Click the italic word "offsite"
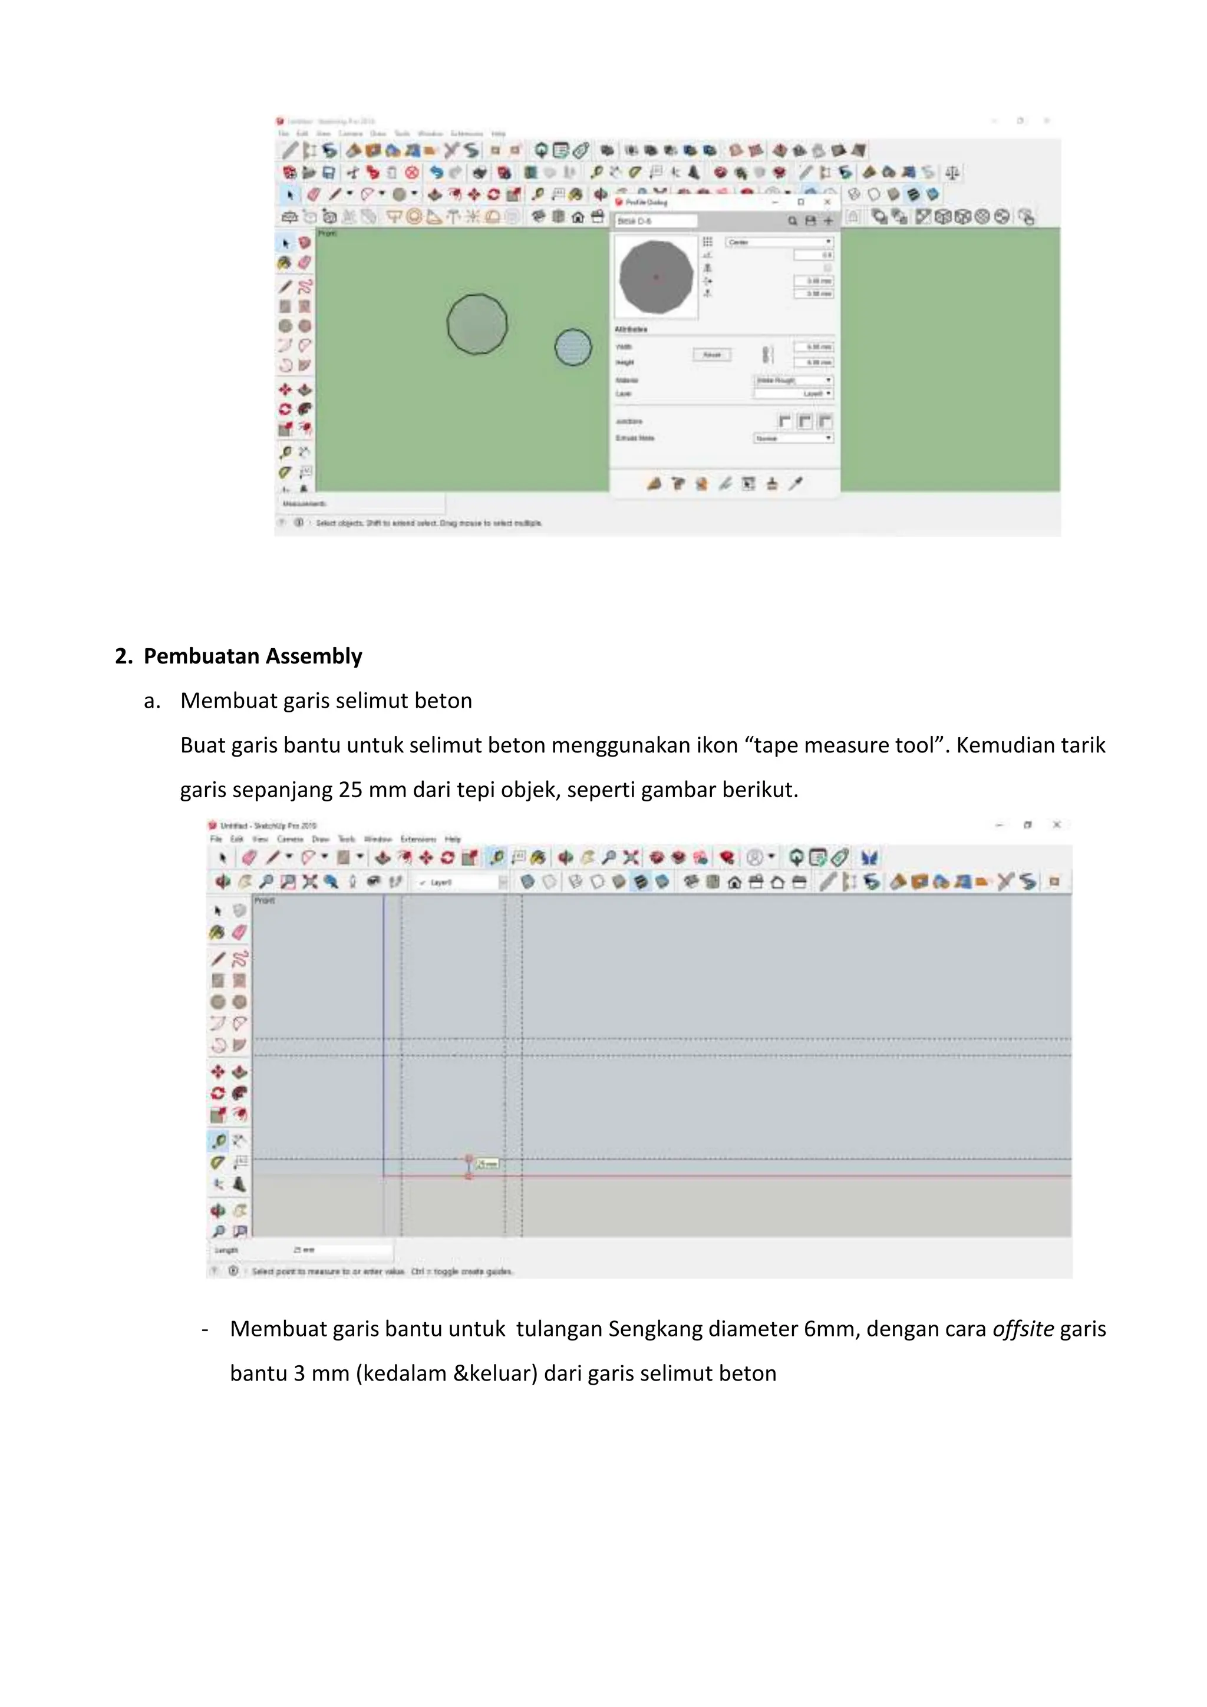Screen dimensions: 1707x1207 (x=1023, y=1329)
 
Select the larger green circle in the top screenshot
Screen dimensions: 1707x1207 (x=477, y=324)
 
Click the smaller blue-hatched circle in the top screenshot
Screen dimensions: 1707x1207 (x=573, y=347)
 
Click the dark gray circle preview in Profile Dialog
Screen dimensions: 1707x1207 (x=655, y=276)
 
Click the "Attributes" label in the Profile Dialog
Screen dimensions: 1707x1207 (x=631, y=329)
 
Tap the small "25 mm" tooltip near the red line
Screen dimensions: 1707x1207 (x=487, y=1164)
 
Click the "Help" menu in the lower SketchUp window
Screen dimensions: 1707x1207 (x=452, y=838)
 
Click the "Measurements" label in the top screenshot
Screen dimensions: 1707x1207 (x=304, y=504)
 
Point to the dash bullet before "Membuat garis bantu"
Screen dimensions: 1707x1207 (x=205, y=1329)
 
